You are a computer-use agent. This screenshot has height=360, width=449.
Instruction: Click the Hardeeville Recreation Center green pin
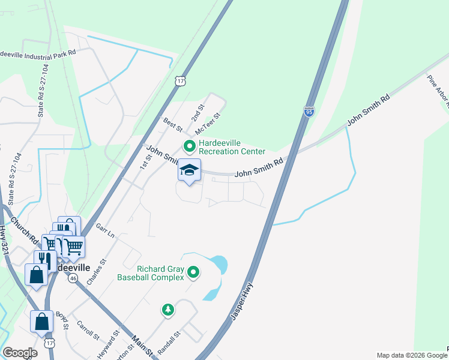[190, 146]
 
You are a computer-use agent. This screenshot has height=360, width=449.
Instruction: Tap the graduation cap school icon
[189, 170]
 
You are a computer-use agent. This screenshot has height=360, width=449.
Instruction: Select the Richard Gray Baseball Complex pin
[193, 273]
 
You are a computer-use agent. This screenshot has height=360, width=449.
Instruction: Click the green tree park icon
[169, 310]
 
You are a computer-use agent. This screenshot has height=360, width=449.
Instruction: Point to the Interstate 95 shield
[309, 112]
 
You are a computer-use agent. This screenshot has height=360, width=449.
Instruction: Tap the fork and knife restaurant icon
[45, 260]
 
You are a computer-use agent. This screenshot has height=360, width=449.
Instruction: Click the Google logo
[20, 353]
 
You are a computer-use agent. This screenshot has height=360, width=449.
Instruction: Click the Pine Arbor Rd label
[438, 91]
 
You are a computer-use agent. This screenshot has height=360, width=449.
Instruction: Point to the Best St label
[172, 124]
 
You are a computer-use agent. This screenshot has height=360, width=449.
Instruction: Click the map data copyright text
[412, 355]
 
